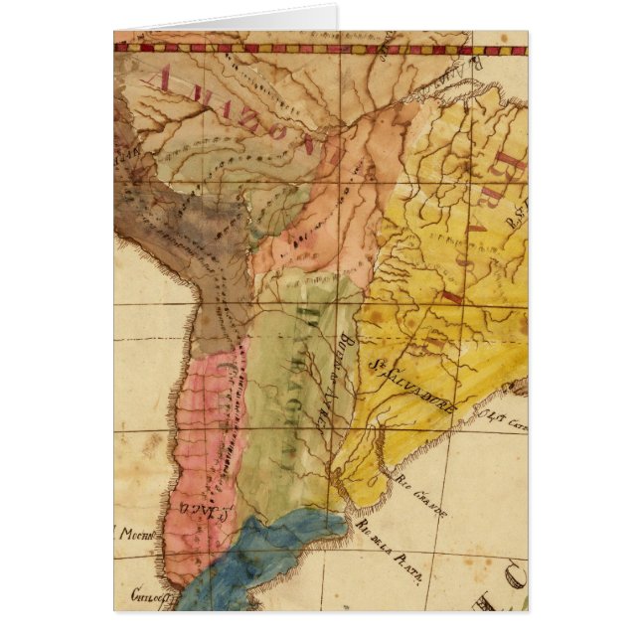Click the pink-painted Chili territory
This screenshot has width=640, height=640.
coord(194,447)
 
